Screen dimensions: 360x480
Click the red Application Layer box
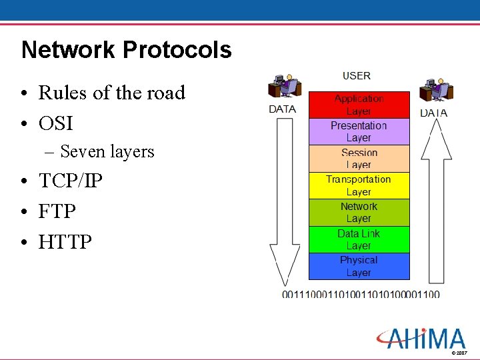pyautogui.click(x=359, y=105)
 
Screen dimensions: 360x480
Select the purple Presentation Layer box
pyautogui.click(x=359, y=131)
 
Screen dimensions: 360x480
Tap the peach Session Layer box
pyautogui.click(x=359, y=159)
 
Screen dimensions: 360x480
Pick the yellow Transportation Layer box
pyautogui.click(x=359, y=186)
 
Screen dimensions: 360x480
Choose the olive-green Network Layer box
pyautogui.click(x=359, y=213)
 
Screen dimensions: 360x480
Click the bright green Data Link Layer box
pyautogui.click(x=359, y=240)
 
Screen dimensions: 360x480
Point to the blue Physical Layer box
pyautogui.click(x=359, y=267)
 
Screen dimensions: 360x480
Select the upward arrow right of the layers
pyautogui.click(x=437, y=200)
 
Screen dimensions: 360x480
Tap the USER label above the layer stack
pyautogui.click(x=357, y=76)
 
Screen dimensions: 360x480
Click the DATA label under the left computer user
pyautogui.click(x=283, y=109)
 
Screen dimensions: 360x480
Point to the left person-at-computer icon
pyautogui.click(x=284, y=87)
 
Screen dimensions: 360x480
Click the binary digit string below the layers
pyautogui.click(x=361, y=294)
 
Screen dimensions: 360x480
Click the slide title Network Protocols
pyautogui.click(x=127, y=50)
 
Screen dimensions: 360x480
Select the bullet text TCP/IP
pyautogui.click(x=70, y=181)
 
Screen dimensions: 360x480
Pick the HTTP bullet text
pyautogui.click(x=65, y=241)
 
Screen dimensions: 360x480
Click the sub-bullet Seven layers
pyautogui.click(x=107, y=152)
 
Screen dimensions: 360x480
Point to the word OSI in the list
pyautogui.click(x=55, y=123)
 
